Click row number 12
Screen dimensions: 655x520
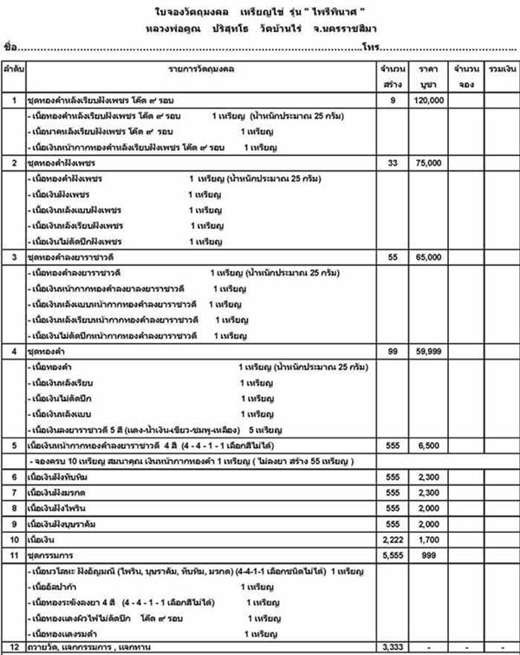pos(13,646)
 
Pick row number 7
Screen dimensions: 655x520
pos(13,492)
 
